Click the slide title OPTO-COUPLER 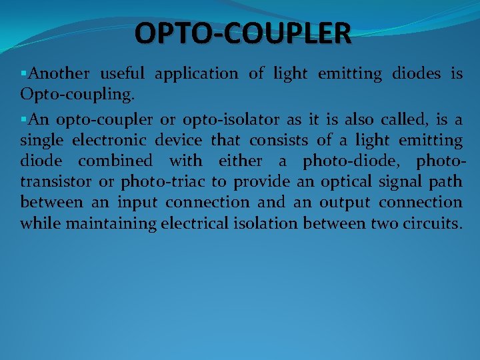[242, 33]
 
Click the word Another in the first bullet [59, 74]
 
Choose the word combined [115, 161]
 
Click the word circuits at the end [431, 223]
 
